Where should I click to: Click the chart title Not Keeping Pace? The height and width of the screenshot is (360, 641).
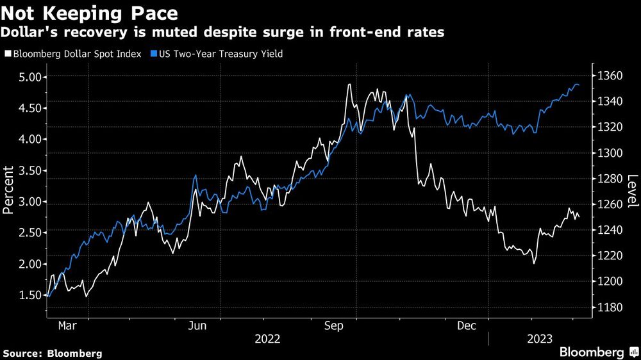click(x=90, y=12)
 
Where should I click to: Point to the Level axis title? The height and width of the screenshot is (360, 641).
click(x=633, y=191)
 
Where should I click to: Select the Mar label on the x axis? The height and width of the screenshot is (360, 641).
click(x=67, y=326)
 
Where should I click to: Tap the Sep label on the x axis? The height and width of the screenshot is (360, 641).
click(x=335, y=326)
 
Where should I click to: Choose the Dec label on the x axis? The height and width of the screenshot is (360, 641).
click(x=467, y=326)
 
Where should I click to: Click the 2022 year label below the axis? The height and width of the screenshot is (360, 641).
click(x=267, y=338)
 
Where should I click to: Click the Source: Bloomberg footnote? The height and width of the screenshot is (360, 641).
click(x=53, y=353)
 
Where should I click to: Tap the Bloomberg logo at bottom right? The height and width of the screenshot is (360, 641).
click(x=595, y=352)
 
